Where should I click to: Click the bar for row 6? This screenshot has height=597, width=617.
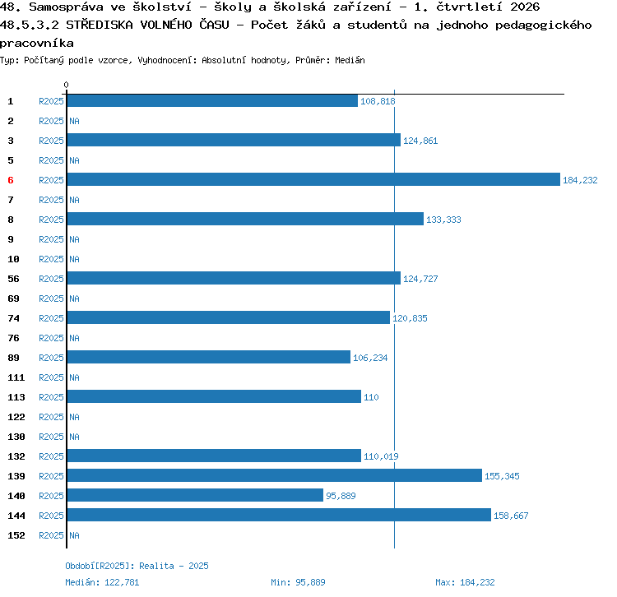tap(313, 179)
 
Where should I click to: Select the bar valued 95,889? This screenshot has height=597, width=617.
tap(195, 495)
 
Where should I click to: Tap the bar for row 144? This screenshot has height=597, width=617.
tap(279, 515)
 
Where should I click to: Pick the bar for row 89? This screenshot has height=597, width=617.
tap(209, 357)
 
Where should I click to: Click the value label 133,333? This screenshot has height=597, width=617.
tap(443, 220)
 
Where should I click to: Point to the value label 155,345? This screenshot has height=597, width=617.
tap(502, 476)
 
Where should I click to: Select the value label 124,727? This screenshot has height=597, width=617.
tap(420, 279)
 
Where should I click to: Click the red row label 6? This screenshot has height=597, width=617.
tap(11, 180)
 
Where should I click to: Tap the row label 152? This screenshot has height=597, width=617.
tap(16, 535)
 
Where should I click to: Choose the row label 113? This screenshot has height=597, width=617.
tap(16, 397)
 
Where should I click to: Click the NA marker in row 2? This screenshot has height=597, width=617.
tap(74, 121)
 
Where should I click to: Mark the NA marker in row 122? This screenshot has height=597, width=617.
tap(74, 417)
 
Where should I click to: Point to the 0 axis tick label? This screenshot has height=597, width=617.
tap(66, 85)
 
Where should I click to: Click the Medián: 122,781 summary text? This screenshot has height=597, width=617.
tap(102, 582)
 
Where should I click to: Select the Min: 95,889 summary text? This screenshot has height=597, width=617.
tap(298, 582)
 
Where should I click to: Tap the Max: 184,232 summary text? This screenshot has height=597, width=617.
tap(465, 582)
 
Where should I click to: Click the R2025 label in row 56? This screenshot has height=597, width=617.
tap(51, 279)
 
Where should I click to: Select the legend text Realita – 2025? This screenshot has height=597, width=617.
tap(174, 566)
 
